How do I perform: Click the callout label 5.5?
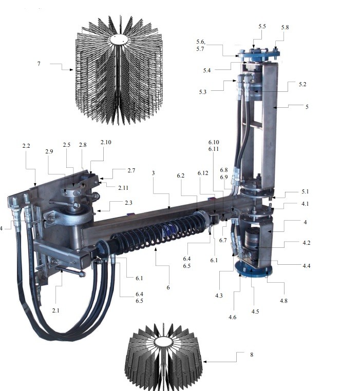262,26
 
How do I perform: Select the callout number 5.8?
285,27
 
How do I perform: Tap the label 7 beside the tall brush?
39,64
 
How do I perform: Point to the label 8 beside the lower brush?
252,355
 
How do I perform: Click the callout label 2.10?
106,142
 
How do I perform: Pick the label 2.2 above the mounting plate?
26,146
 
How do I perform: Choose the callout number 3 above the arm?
153,173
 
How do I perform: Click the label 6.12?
203,173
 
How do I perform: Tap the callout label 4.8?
283,301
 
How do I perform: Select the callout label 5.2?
302,84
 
